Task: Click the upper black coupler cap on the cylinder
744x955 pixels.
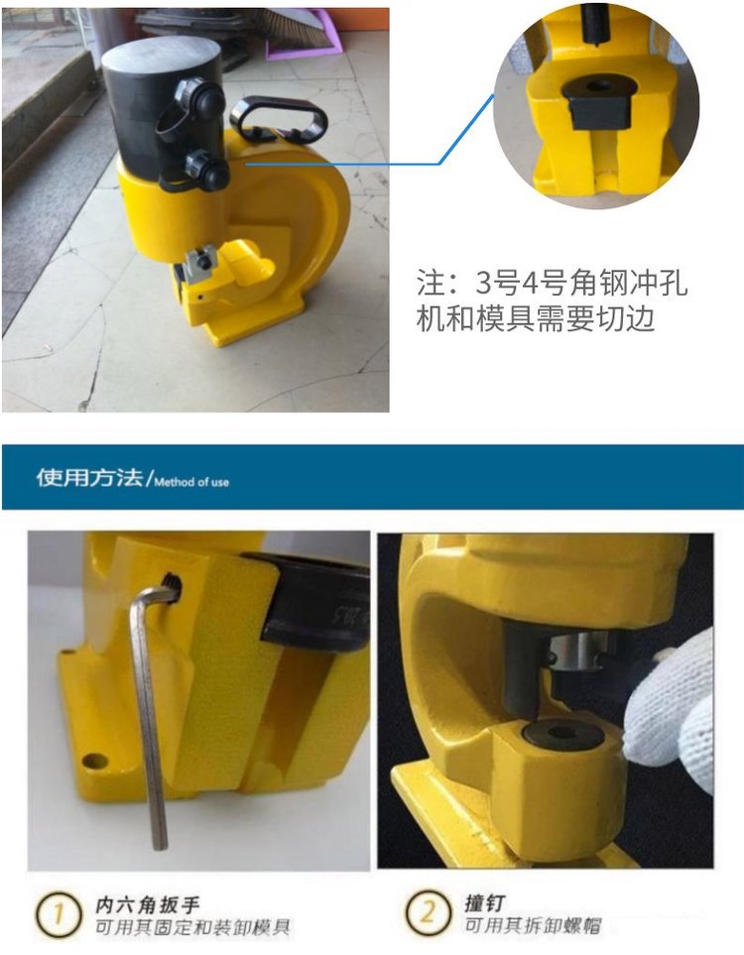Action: click(195, 95)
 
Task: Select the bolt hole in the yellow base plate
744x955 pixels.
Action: click(95, 761)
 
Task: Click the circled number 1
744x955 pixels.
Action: click(58, 914)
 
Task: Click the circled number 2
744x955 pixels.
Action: click(428, 912)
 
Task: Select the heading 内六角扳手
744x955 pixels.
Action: click(147, 904)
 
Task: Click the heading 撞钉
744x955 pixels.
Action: click(485, 902)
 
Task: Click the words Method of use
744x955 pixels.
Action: click(191, 482)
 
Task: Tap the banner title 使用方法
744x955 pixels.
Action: click(89, 478)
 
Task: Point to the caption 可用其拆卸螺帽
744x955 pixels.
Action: click(533, 926)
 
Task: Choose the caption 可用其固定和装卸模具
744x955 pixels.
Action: click(192, 927)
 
